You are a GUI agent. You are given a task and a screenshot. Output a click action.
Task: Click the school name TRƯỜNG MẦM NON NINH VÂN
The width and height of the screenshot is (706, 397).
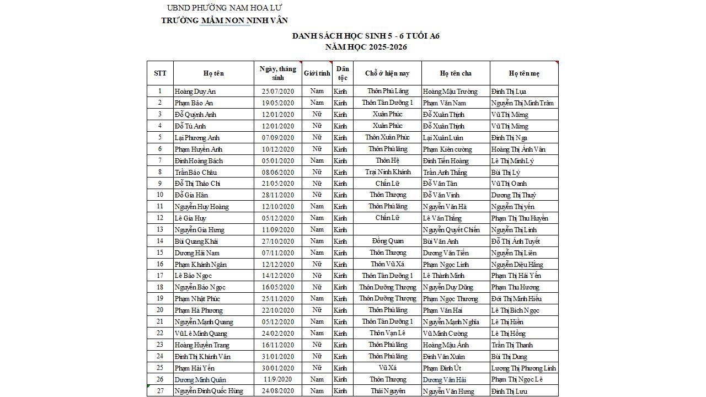[x=224, y=20]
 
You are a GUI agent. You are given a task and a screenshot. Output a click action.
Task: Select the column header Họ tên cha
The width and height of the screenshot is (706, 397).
[x=456, y=73]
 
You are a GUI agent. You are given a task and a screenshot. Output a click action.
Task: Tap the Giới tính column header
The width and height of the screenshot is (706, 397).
[x=317, y=73]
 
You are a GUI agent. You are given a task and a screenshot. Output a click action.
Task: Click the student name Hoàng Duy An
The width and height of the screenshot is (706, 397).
[x=195, y=92]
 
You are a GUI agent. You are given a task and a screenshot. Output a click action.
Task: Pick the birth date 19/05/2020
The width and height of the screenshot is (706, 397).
[x=278, y=103]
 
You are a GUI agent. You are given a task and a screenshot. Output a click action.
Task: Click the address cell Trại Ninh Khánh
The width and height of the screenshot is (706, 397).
[x=388, y=172]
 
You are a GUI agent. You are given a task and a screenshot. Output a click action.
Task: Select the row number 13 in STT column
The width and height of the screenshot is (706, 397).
[x=160, y=229]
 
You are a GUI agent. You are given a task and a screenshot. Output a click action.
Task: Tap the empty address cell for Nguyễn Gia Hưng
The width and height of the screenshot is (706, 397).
[x=388, y=229]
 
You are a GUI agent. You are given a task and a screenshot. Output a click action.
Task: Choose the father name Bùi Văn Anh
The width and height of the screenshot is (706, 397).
[x=441, y=242]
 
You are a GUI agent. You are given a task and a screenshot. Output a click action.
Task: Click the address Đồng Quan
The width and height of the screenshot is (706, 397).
[x=388, y=241]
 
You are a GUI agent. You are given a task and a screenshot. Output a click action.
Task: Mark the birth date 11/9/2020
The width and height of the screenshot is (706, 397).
[x=278, y=379]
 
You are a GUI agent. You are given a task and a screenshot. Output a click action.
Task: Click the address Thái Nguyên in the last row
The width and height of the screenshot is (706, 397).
[x=388, y=391]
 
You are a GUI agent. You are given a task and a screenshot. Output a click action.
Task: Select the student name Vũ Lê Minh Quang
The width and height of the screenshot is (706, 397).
[x=201, y=334]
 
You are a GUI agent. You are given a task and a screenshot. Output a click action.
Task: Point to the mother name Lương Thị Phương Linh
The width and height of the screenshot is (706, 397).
[x=523, y=368]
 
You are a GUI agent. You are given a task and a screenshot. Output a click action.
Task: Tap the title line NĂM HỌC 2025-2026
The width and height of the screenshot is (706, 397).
[x=366, y=47]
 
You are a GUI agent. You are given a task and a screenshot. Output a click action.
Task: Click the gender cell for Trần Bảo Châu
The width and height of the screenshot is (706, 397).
[x=317, y=172]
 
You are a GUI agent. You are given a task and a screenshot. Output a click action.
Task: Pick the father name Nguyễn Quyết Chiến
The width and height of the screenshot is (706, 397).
[x=451, y=230]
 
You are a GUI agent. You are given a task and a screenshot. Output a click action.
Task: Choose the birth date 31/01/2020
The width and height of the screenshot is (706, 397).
[x=278, y=357]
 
